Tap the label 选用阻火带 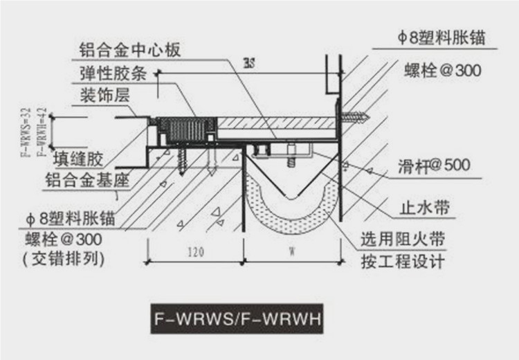402,240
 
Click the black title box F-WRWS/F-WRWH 236,321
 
